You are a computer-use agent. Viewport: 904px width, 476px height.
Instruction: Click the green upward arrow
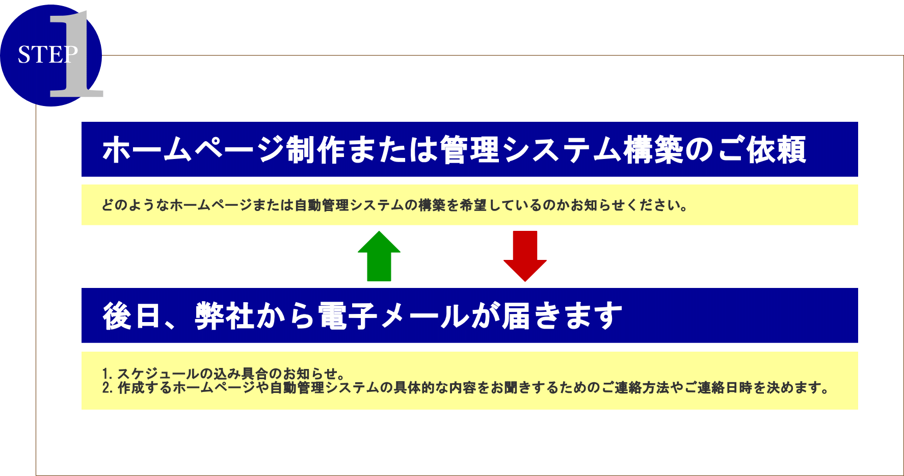tap(379, 256)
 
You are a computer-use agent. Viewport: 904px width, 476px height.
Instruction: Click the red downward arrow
tap(525, 256)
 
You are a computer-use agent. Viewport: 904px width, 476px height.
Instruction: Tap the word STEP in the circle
tap(48, 55)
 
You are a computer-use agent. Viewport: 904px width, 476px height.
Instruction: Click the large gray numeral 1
tap(76, 54)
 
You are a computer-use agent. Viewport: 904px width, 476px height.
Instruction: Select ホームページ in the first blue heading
tap(194, 149)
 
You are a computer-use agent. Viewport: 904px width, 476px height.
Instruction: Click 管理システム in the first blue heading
tap(531, 149)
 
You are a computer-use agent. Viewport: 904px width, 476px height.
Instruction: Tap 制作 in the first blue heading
tap(316, 149)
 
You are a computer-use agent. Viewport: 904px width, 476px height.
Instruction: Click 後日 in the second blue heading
tap(132, 316)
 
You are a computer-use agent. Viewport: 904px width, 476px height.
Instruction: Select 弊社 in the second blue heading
tap(225, 316)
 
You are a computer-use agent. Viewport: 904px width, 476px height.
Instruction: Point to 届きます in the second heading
tap(562, 316)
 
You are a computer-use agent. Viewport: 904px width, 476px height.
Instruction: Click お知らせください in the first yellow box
tap(628, 205)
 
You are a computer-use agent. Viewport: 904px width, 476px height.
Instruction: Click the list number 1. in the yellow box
tap(107, 374)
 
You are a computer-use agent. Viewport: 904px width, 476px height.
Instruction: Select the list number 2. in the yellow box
tap(108, 388)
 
